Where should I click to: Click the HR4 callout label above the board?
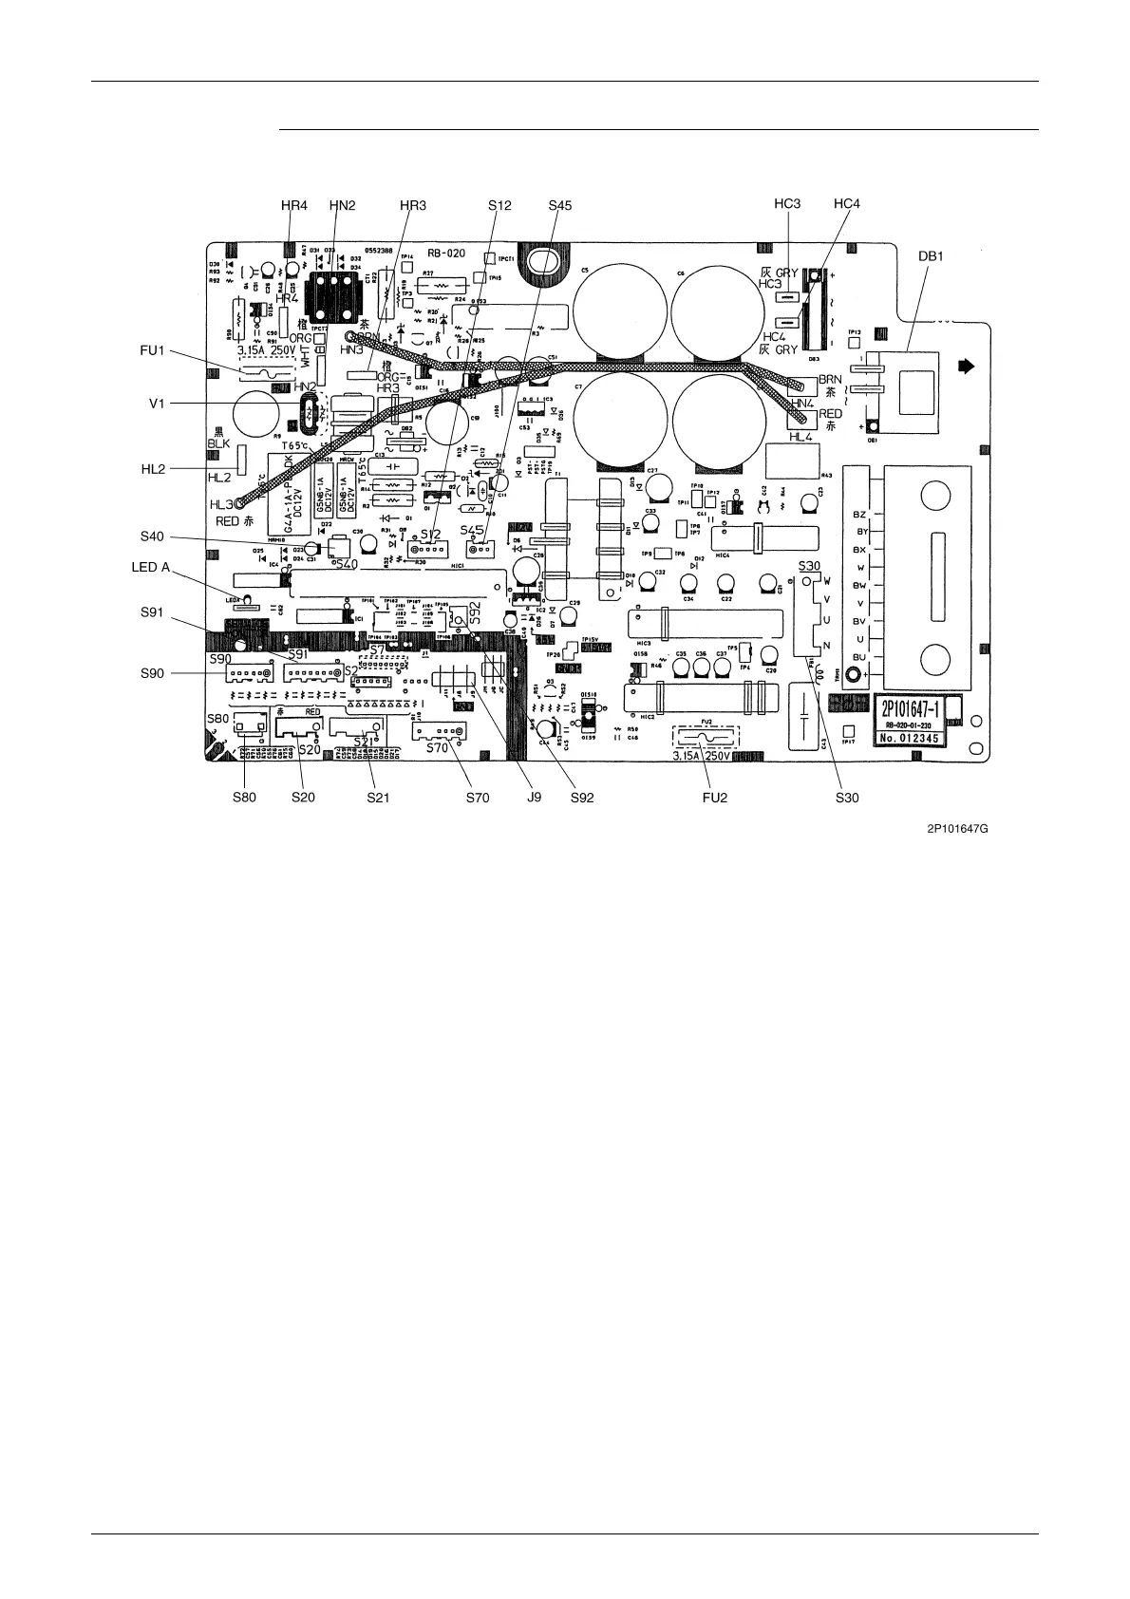pos(294,205)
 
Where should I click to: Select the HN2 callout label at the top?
pos(342,205)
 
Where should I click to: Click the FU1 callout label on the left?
pos(153,350)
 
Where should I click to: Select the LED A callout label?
pos(150,567)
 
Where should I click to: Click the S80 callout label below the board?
pos(244,798)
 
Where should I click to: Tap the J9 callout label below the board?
pos(534,798)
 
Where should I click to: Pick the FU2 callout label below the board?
pos(715,798)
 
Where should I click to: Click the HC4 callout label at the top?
pos(846,205)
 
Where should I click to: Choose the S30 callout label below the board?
pos(846,798)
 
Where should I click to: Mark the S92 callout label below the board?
pos(581,798)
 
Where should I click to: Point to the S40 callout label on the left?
pos(152,536)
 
